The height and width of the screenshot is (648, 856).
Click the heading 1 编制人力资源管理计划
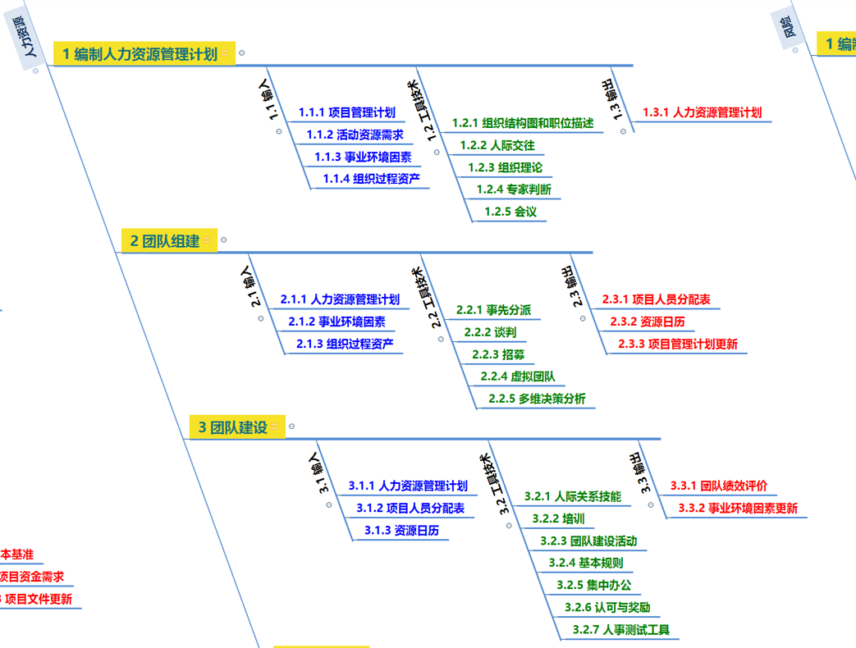tap(140, 54)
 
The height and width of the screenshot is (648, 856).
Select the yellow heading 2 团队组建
tap(165, 241)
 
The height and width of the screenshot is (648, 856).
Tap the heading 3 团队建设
tap(234, 427)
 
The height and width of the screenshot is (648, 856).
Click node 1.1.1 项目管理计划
tap(346, 112)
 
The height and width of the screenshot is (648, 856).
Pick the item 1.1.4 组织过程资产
tap(371, 179)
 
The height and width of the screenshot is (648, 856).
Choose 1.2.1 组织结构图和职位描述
tap(522, 123)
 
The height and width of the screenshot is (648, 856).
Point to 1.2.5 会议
tap(510, 212)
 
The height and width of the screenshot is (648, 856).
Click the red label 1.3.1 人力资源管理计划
tap(702, 112)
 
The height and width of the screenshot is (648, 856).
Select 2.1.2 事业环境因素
tap(336, 322)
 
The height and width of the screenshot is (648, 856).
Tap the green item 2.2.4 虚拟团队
tap(517, 376)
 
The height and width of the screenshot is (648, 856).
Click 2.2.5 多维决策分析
tap(537, 399)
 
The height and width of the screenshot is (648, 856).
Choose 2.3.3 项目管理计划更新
tap(677, 344)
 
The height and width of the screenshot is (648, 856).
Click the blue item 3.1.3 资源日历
tap(401, 531)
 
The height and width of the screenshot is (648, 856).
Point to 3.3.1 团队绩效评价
tap(718, 486)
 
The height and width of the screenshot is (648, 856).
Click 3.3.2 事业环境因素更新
tap(737, 508)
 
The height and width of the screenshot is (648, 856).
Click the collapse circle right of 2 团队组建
tap(223, 240)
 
